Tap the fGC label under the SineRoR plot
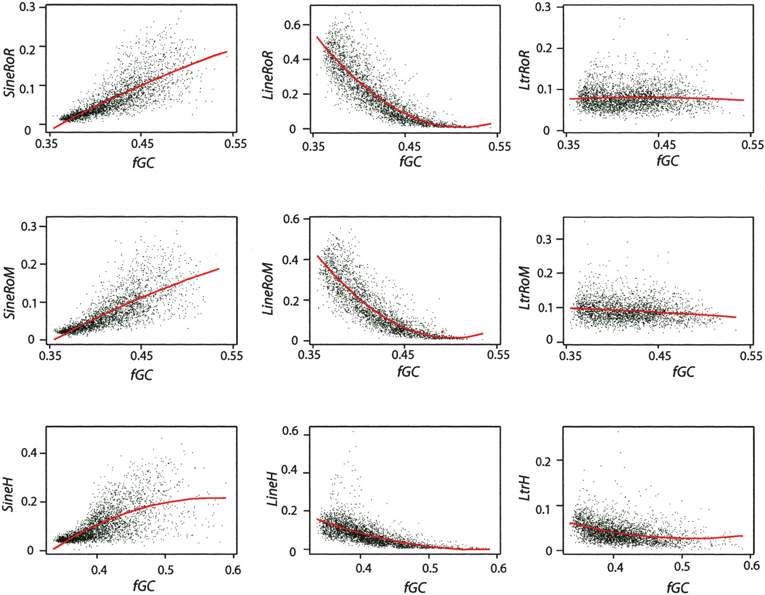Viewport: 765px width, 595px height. point(142,162)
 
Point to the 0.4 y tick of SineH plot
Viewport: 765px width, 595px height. point(29,453)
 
